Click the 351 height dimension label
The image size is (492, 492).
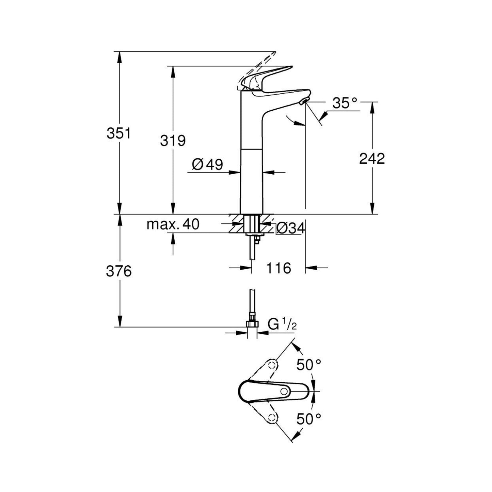tap(118, 133)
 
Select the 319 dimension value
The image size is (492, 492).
tap(173, 140)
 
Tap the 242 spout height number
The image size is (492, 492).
tap(372, 159)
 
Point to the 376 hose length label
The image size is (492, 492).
tap(118, 271)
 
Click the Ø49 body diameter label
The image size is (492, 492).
tap(207, 165)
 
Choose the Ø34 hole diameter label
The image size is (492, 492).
tap(290, 228)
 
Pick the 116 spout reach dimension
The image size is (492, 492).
tap(279, 268)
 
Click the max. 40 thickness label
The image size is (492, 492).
tap(173, 224)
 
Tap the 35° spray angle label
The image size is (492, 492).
tap(345, 103)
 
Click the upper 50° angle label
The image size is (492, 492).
tap(308, 365)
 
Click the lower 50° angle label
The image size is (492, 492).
tap(308, 419)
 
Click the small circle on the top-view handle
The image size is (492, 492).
tap(284, 392)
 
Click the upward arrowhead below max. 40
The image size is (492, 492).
tap(173, 239)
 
